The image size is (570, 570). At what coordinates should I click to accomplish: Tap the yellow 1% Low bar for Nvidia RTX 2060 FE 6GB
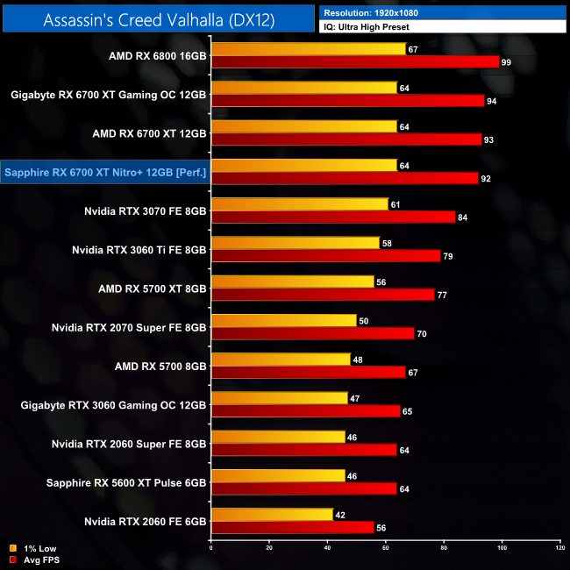click(272, 515)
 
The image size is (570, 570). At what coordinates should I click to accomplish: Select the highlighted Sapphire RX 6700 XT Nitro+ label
click(105, 172)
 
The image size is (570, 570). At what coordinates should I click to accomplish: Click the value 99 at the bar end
click(506, 61)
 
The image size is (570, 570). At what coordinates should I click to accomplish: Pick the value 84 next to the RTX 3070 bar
click(462, 217)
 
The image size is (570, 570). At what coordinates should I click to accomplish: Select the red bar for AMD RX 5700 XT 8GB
click(323, 295)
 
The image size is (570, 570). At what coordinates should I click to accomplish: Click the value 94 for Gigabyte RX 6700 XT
click(491, 100)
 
